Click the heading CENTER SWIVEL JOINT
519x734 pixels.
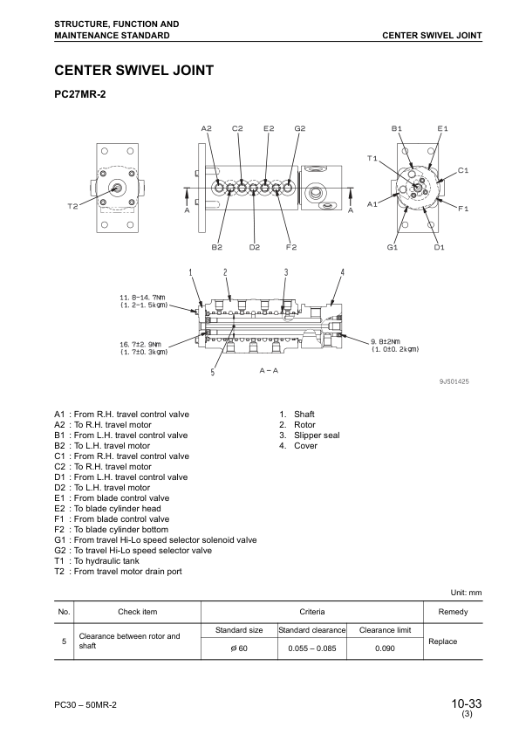coord(133,70)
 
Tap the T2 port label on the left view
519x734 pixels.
coord(72,206)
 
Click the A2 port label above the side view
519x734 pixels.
coord(206,128)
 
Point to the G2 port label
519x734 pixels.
coord(299,128)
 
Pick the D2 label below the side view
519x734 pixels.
coord(254,248)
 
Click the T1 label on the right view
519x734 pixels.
coord(372,158)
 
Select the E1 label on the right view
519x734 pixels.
coord(442,128)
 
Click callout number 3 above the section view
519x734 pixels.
coord(285,272)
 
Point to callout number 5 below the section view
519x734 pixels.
coord(213,373)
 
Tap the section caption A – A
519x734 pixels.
coord(269,371)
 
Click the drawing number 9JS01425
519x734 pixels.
coord(454,381)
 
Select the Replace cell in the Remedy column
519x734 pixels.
coord(453,641)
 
